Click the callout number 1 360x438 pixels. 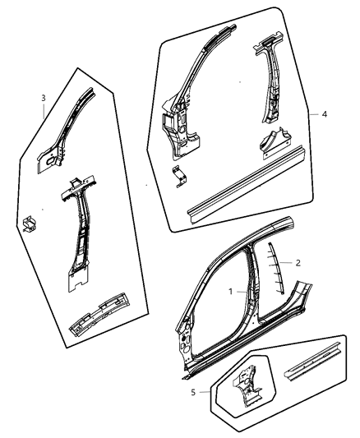click(231, 291)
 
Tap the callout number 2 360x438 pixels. click(298, 263)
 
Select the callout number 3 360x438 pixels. click(43, 99)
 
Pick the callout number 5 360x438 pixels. click(193, 393)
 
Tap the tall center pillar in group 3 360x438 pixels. click(79, 238)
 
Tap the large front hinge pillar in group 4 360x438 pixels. click(182, 107)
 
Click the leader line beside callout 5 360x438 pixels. click(206, 393)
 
